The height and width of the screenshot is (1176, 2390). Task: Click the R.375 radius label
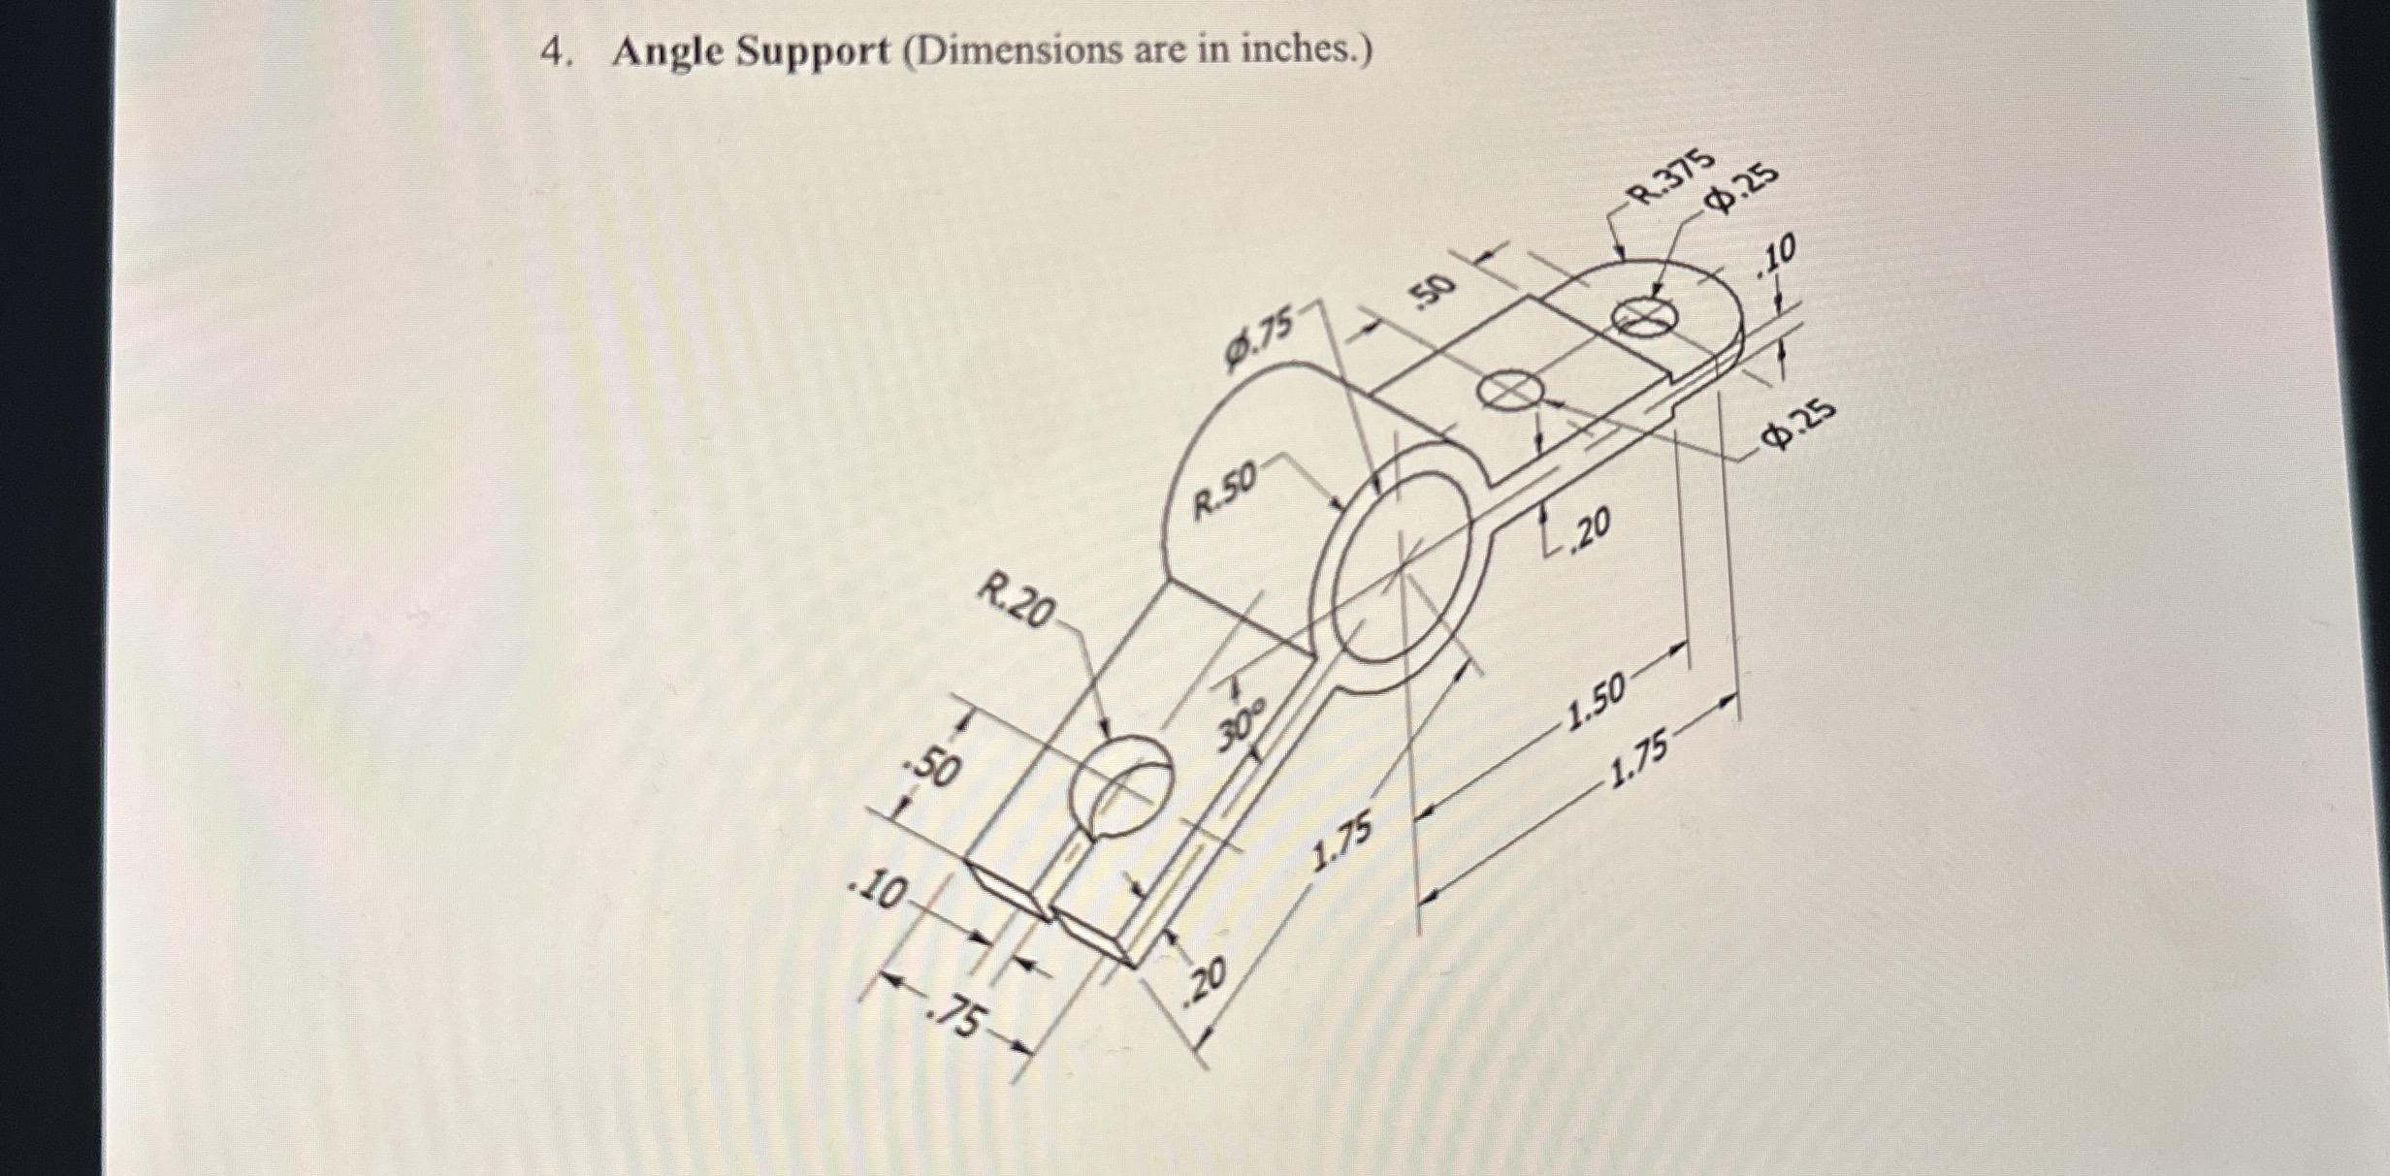(1673, 180)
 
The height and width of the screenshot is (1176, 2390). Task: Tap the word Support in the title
(812, 52)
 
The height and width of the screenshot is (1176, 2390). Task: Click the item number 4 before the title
(553, 52)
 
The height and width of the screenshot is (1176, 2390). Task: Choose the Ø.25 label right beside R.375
(1743, 189)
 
